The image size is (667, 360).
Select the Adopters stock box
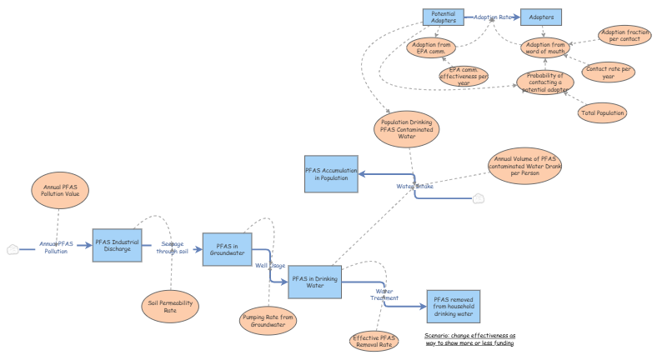pyautogui.click(x=542, y=17)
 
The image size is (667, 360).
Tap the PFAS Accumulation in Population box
pyautogui.click(x=330, y=174)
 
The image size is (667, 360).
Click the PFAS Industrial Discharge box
pyautogui.click(x=118, y=246)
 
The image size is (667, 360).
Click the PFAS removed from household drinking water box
pyautogui.click(x=453, y=307)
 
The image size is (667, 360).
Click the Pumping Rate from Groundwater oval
pyautogui.click(x=269, y=320)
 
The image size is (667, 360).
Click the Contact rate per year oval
pyautogui.click(x=608, y=72)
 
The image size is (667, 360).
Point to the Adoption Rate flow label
pyautogui.click(x=493, y=17)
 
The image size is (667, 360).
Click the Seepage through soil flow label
pyautogui.click(x=173, y=247)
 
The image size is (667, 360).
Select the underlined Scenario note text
pyautogui.click(x=469, y=338)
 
